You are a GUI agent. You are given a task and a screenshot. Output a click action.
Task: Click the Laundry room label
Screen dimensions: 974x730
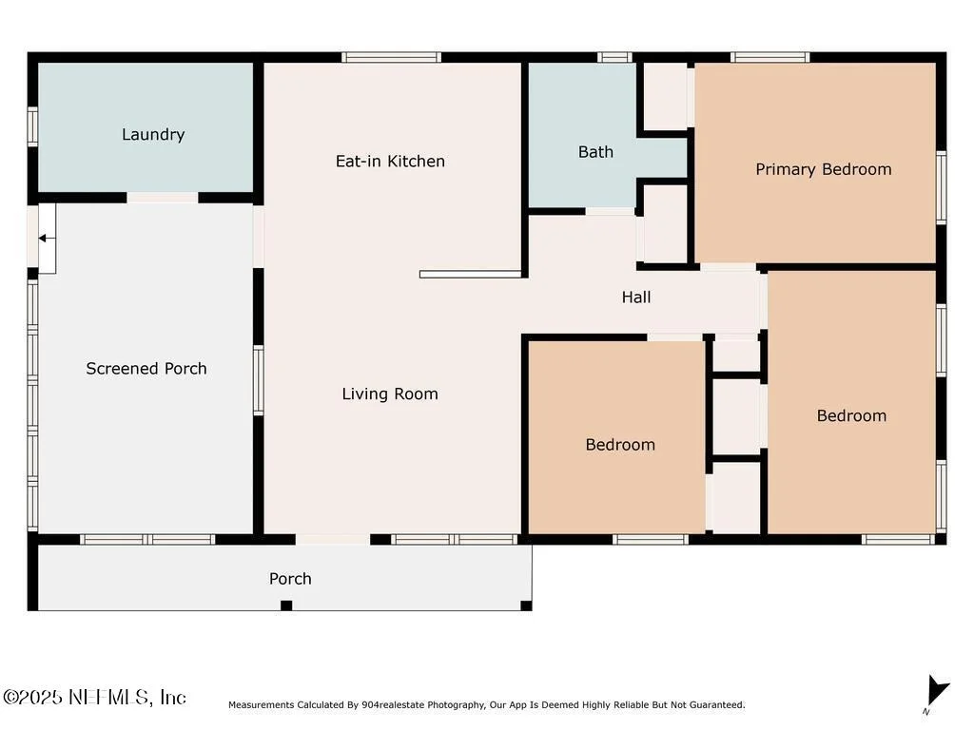pyautogui.click(x=153, y=135)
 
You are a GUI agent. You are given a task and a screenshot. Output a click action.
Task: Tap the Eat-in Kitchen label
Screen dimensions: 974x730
pyautogui.click(x=390, y=162)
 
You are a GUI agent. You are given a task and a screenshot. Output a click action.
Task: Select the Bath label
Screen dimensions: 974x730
pyautogui.click(x=595, y=152)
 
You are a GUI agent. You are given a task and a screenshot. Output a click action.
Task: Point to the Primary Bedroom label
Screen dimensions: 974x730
pyautogui.click(x=823, y=169)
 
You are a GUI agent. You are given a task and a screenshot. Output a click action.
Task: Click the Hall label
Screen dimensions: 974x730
pyautogui.click(x=636, y=298)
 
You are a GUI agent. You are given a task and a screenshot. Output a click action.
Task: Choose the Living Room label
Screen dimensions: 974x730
pyautogui.click(x=390, y=394)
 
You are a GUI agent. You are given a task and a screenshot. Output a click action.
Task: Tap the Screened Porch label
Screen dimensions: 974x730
pyautogui.click(x=146, y=369)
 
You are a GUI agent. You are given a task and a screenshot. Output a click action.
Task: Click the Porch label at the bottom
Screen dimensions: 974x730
pyautogui.click(x=290, y=579)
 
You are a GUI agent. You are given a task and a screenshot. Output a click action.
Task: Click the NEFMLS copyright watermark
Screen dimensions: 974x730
pyautogui.click(x=94, y=697)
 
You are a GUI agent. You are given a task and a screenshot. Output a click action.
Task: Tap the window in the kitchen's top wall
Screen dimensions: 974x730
pyautogui.click(x=391, y=58)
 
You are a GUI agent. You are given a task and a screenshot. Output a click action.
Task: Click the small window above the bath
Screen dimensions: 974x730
pyautogui.click(x=615, y=58)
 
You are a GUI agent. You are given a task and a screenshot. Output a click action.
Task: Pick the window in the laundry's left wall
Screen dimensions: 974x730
pyautogui.click(x=33, y=127)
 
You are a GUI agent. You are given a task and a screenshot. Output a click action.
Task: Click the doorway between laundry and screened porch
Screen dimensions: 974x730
pyautogui.click(x=163, y=198)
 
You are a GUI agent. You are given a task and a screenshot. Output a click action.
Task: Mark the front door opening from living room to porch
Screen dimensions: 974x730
pyautogui.click(x=333, y=540)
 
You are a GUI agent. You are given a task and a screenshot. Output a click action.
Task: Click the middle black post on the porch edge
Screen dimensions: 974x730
pyautogui.click(x=286, y=605)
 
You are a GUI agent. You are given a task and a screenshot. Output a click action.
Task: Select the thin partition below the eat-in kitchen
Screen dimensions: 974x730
pyautogui.click(x=470, y=275)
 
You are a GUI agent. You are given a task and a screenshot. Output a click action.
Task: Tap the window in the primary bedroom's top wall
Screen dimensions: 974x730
pyautogui.click(x=770, y=58)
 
